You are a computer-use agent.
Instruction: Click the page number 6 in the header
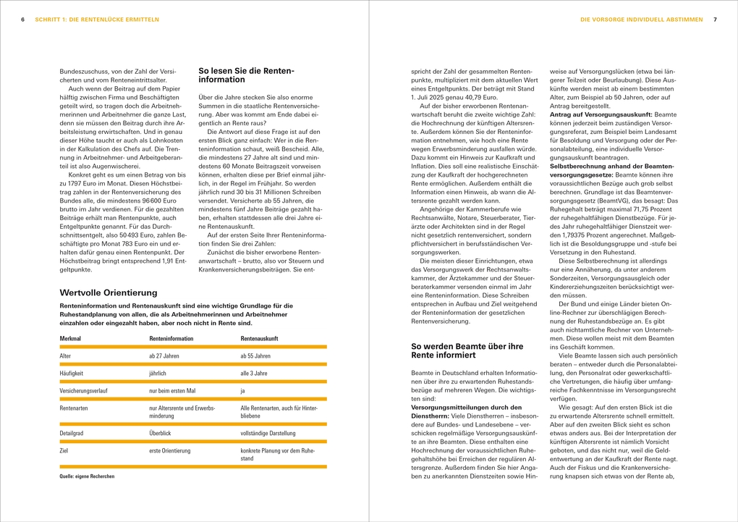(23, 20)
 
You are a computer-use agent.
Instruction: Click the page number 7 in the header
(715, 20)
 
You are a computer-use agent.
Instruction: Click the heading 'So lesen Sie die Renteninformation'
(246, 75)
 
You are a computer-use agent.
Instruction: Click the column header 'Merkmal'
(70, 338)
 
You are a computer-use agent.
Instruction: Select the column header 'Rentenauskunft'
(259, 338)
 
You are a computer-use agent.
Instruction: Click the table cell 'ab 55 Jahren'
(255, 356)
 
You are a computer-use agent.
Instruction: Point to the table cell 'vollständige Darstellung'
(268, 433)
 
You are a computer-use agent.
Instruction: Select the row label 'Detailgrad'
(72, 433)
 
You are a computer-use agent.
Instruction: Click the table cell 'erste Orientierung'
(170, 450)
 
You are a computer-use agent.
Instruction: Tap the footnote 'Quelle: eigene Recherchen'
(87, 476)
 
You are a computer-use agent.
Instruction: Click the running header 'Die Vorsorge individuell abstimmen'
(641, 20)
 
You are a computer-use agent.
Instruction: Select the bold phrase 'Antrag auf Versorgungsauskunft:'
(591, 114)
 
